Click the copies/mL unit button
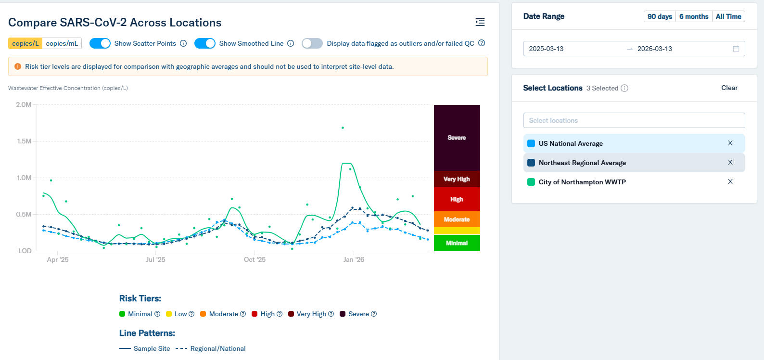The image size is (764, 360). [x=62, y=43]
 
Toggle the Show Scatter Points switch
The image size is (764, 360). [x=100, y=43]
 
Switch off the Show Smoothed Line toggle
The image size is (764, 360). [x=205, y=43]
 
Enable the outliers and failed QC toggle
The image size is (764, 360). [x=312, y=43]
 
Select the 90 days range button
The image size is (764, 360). [x=660, y=16]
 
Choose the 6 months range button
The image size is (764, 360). [x=694, y=16]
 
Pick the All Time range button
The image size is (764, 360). [x=728, y=16]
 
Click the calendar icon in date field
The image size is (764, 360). [x=736, y=49]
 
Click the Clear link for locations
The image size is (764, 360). [x=729, y=88]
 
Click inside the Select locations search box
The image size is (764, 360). [x=634, y=120]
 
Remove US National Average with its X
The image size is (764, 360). [x=730, y=143]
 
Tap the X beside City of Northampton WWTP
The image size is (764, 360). [x=730, y=181]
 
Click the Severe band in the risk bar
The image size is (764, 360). [x=457, y=138]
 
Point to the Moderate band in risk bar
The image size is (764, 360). [x=457, y=219]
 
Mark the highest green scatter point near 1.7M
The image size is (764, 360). [x=343, y=128]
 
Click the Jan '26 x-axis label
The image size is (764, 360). [x=354, y=259]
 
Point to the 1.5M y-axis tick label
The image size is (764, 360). [x=24, y=141]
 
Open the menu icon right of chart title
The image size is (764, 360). [x=480, y=22]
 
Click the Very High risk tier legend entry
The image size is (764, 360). [x=311, y=314]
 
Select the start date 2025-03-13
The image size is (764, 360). [x=547, y=49]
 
